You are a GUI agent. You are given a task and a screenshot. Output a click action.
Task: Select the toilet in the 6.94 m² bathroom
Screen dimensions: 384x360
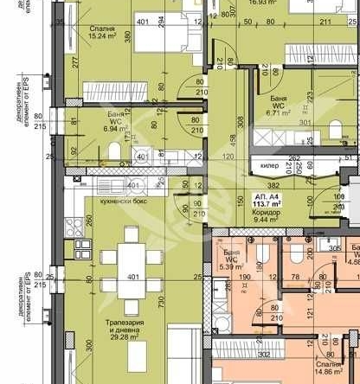(114, 152)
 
